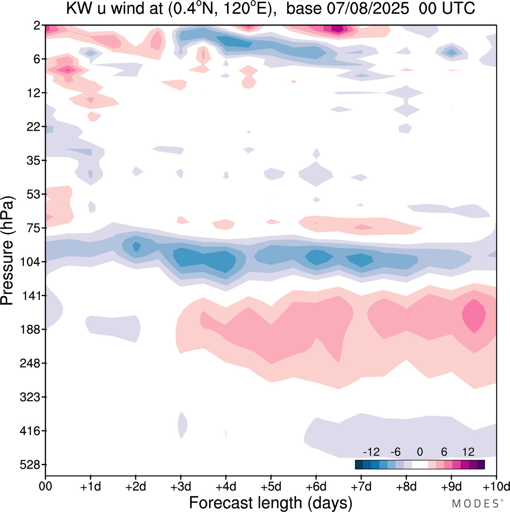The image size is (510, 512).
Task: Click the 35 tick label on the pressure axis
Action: pyautogui.click(x=34, y=160)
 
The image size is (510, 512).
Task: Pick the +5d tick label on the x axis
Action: pyautogui.click(x=271, y=487)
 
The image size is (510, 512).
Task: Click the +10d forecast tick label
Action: pyautogui.click(x=496, y=487)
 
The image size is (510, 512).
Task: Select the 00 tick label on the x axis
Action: pyautogui.click(x=45, y=487)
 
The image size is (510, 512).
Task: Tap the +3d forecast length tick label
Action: pyautogui.click(x=181, y=487)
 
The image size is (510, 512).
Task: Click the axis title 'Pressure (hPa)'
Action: pyautogui.click(x=7, y=251)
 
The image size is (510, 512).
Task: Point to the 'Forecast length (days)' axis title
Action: pyautogui.click(x=271, y=503)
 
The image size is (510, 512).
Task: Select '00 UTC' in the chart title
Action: pyautogui.click(x=447, y=9)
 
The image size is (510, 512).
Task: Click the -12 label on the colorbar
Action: pyautogui.click(x=371, y=452)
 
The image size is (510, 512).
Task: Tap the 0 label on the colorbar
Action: pyautogui.click(x=420, y=452)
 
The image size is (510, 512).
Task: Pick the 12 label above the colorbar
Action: pyautogui.click(x=468, y=452)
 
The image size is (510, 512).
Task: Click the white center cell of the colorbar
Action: pyautogui.click(x=420, y=464)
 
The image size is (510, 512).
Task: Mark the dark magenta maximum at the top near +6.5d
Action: pyautogui.click(x=337, y=29)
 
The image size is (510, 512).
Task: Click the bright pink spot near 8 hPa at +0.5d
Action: pyautogui.click(x=68, y=70)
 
